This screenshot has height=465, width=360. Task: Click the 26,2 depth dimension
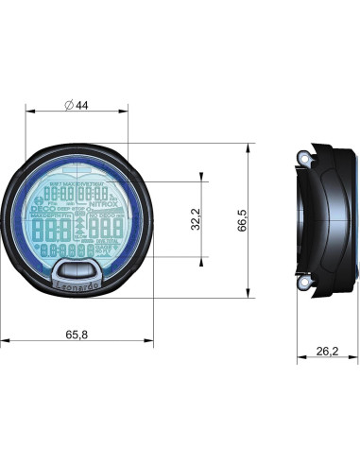coord(327,351)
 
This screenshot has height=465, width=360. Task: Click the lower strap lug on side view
coord(305,282)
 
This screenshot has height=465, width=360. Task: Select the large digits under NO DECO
coord(105,228)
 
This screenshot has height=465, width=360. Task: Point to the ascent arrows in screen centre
coord(77,228)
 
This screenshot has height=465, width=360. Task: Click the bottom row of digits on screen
coord(65,250)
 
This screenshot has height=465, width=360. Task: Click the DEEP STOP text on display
coord(71,210)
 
